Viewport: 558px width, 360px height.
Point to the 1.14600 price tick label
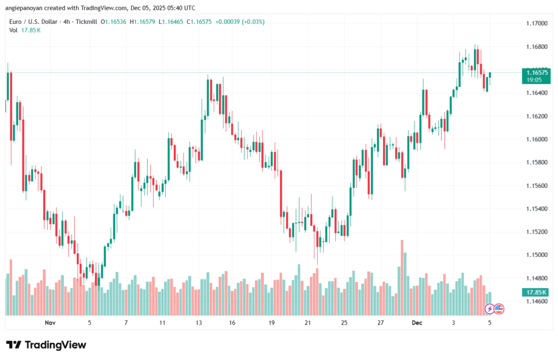pyautogui.click(x=537, y=301)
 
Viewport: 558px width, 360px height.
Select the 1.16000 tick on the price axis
pyautogui.click(x=537, y=139)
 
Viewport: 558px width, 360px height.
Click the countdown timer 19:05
pyautogui.click(x=533, y=80)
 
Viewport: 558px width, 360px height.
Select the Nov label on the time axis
pyautogui.click(x=50, y=323)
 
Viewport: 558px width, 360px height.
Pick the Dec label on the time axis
pyautogui.click(x=417, y=323)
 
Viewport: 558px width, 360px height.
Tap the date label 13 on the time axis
pyautogui.click(x=199, y=323)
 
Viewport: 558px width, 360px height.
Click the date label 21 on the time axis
pyautogui.click(x=307, y=323)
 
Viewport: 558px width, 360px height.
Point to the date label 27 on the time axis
pyautogui.click(x=380, y=323)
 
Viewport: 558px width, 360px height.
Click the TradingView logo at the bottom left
pyautogui.click(x=46, y=345)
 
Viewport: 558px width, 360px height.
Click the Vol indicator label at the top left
pyautogui.click(x=14, y=30)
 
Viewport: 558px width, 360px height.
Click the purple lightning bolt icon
pyautogui.click(x=489, y=309)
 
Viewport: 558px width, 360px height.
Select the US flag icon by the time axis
pyautogui.click(x=499, y=309)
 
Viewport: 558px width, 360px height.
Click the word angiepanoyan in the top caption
pyautogui.click(x=26, y=8)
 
